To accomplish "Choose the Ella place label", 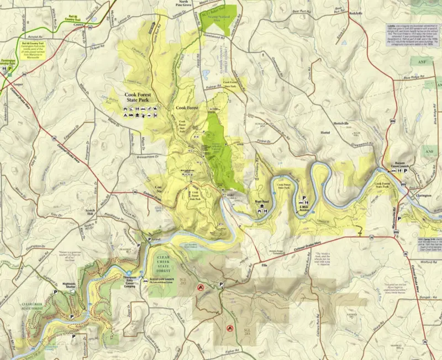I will coord(265,266).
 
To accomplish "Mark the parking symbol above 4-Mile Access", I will coord(303,199).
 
